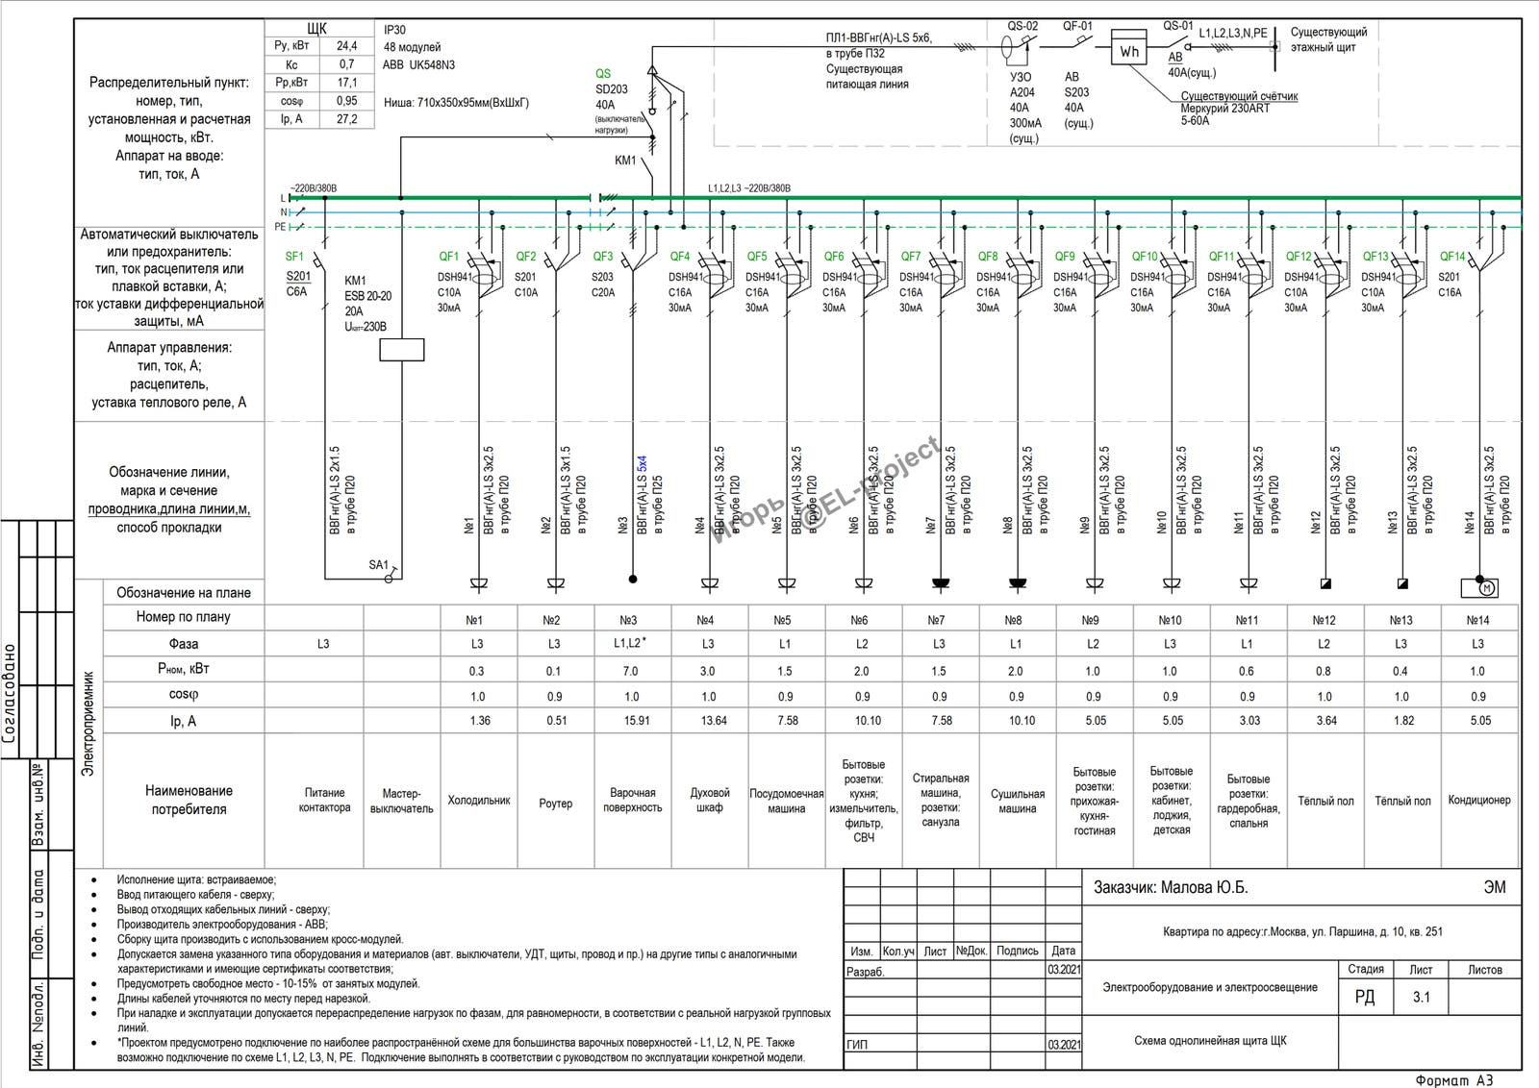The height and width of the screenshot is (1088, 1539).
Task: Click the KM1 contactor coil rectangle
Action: coord(402,350)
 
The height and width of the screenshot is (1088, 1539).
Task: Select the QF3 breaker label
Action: coord(603,257)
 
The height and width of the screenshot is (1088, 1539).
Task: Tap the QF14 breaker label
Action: coord(1452,257)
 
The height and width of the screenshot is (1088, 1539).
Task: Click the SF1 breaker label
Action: coord(294,257)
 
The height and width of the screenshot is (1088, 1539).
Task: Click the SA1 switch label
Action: coord(378,565)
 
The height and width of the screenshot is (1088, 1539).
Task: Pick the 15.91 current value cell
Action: coord(637,721)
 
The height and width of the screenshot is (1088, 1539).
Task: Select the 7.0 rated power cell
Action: coord(631,671)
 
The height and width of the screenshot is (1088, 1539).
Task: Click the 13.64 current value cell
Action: coord(714,721)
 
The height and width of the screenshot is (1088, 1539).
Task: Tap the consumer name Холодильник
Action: coord(479,801)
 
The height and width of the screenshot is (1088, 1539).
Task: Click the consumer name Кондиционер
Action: coord(1479,801)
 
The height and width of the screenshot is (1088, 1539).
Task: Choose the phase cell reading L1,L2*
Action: coord(629,643)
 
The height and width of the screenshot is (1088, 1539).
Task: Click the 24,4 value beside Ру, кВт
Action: coord(347,46)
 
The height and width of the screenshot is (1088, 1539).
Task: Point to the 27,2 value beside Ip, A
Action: coord(347,119)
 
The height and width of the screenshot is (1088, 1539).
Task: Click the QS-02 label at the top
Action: coord(1022,27)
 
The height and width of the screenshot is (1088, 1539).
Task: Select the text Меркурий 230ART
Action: coord(1224,109)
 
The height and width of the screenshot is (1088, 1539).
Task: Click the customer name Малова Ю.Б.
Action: coord(1171,888)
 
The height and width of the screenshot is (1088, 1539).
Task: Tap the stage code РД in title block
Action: coord(1365,998)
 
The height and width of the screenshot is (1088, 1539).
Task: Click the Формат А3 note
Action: coord(1454,1080)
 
